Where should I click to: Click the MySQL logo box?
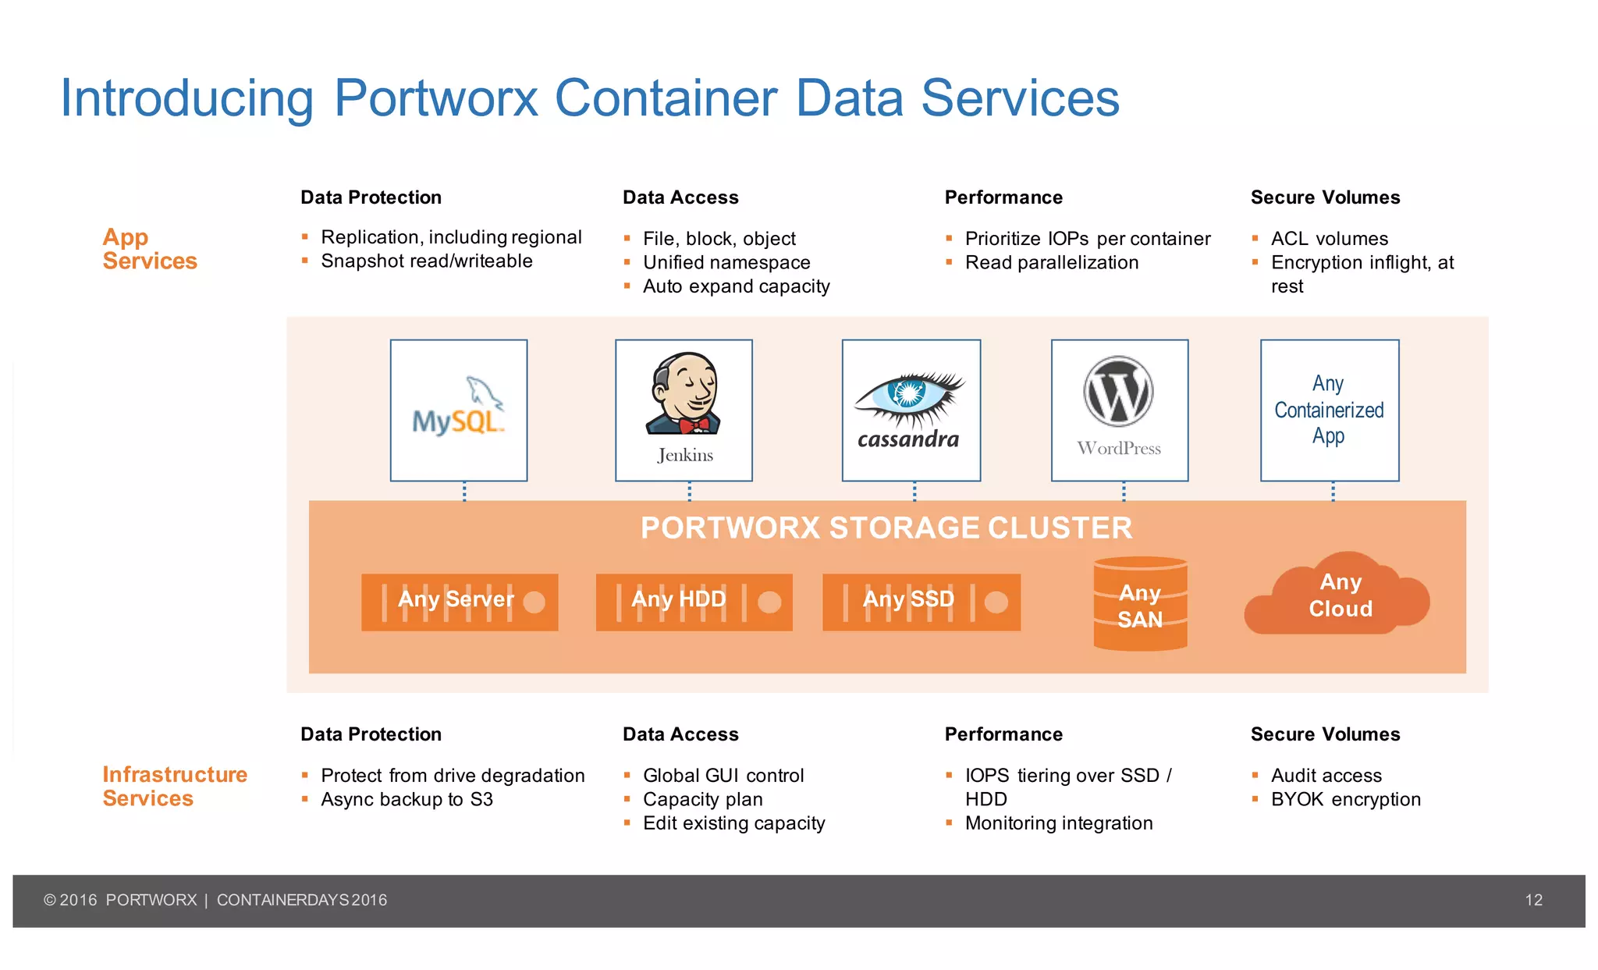click(459, 410)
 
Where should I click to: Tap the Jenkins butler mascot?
click(684, 394)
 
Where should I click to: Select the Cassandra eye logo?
click(909, 394)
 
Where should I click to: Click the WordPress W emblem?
click(1118, 392)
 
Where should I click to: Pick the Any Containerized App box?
click(1329, 410)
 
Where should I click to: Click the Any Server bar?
click(459, 602)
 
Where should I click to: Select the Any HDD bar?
click(694, 602)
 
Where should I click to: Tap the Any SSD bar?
click(921, 602)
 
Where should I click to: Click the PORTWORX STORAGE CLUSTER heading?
click(886, 528)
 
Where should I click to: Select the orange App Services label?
click(149, 249)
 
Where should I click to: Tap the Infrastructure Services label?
click(175, 786)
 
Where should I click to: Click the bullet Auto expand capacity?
click(736, 286)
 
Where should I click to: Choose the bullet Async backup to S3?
click(407, 799)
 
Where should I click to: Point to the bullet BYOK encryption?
click(1345, 799)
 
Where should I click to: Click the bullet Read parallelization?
click(1051, 262)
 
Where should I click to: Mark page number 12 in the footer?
click(1533, 900)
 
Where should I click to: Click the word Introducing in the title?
click(187, 98)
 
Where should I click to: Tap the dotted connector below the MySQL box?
click(464, 491)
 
